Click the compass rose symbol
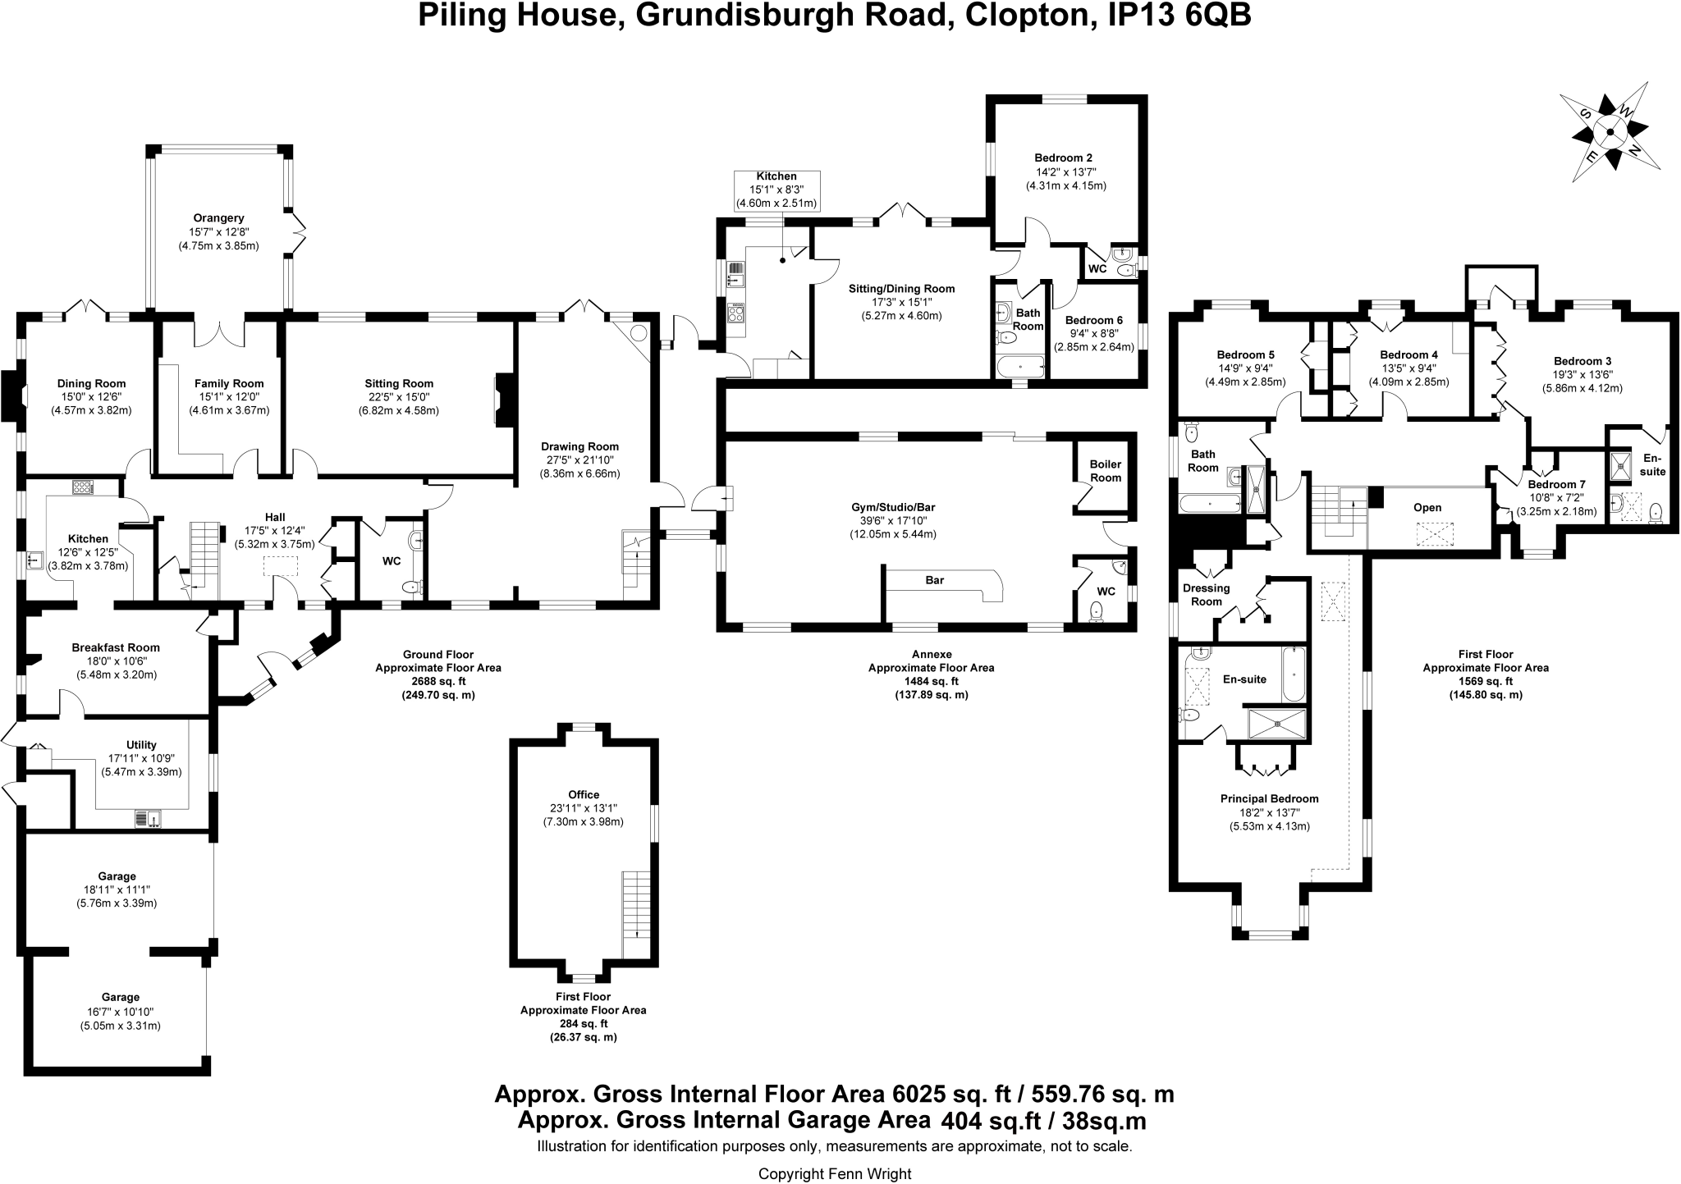1610,132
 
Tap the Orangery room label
219,218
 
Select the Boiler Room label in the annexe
1105,471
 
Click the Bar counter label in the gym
934,580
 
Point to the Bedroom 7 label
1556,484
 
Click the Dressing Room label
1206,594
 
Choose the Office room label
584,794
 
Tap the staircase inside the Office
635,912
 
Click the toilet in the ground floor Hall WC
413,586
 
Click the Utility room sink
149,818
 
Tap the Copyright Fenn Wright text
834,1174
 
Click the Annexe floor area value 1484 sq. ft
932,681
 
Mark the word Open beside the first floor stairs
1427,507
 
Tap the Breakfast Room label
116,647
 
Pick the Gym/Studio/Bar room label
892,507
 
